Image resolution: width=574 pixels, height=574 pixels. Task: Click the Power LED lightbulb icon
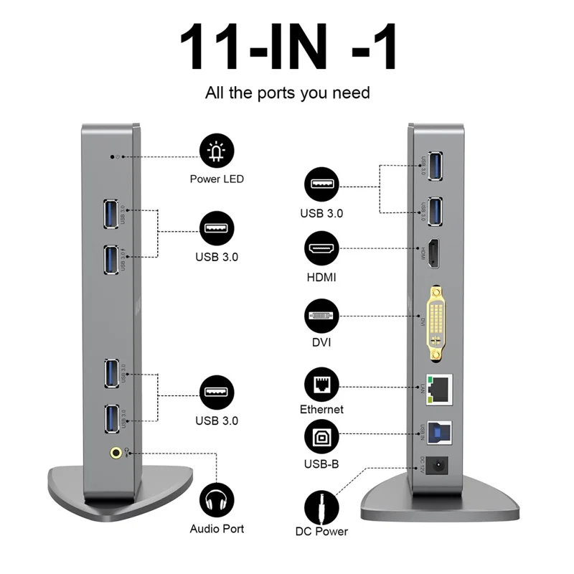pos(216,152)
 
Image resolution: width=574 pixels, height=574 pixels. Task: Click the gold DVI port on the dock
pos(436,322)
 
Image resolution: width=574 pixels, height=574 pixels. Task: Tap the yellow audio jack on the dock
pos(115,452)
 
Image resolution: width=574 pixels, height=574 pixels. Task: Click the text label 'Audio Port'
pos(217,529)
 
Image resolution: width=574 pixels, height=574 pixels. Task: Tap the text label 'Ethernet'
pos(321,410)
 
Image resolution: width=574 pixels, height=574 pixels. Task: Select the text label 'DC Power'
pos(321,532)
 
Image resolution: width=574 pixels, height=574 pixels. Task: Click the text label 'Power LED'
pos(217,179)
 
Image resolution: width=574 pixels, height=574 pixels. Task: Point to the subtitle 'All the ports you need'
pos(288,93)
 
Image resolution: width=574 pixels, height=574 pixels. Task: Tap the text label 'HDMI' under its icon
pos(321,276)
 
